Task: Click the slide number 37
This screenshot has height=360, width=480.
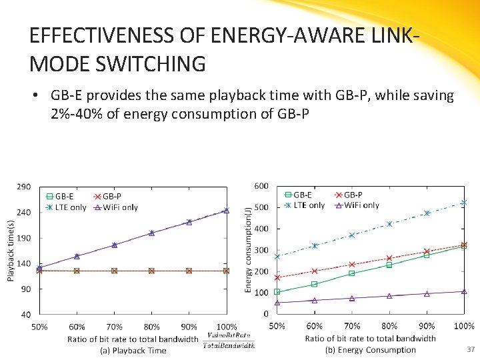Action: tap(471, 349)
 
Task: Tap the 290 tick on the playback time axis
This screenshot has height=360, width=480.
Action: tap(23, 187)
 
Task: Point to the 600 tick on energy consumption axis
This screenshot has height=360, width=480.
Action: tap(261, 186)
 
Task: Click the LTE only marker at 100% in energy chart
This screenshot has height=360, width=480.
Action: tap(464, 203)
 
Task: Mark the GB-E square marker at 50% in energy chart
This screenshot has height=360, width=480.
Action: tap(277, 292)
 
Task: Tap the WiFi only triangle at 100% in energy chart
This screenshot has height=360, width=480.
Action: tap(464, 291)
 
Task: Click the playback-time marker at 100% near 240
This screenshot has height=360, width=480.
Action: tap(226, 211)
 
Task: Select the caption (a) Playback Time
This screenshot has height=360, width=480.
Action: tap(133, 350)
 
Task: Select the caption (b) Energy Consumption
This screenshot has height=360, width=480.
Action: tap(370, 350)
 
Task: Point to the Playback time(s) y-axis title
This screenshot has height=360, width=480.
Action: tap(11, 250)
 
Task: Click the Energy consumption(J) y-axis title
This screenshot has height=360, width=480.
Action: tap(248, 250)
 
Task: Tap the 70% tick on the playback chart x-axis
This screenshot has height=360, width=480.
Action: tap(114, 327)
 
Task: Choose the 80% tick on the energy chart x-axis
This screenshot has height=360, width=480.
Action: tap(389, 326)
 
